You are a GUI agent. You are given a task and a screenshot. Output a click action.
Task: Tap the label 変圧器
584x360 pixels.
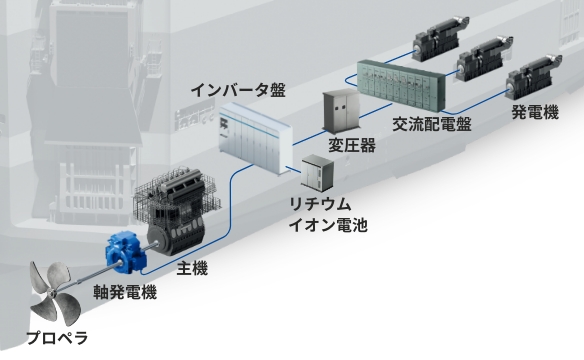[x=352, y=146]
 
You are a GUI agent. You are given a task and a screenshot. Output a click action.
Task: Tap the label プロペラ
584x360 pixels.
[x=57, y=337]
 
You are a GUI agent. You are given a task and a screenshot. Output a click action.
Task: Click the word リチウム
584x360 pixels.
[x=319, y=205]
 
